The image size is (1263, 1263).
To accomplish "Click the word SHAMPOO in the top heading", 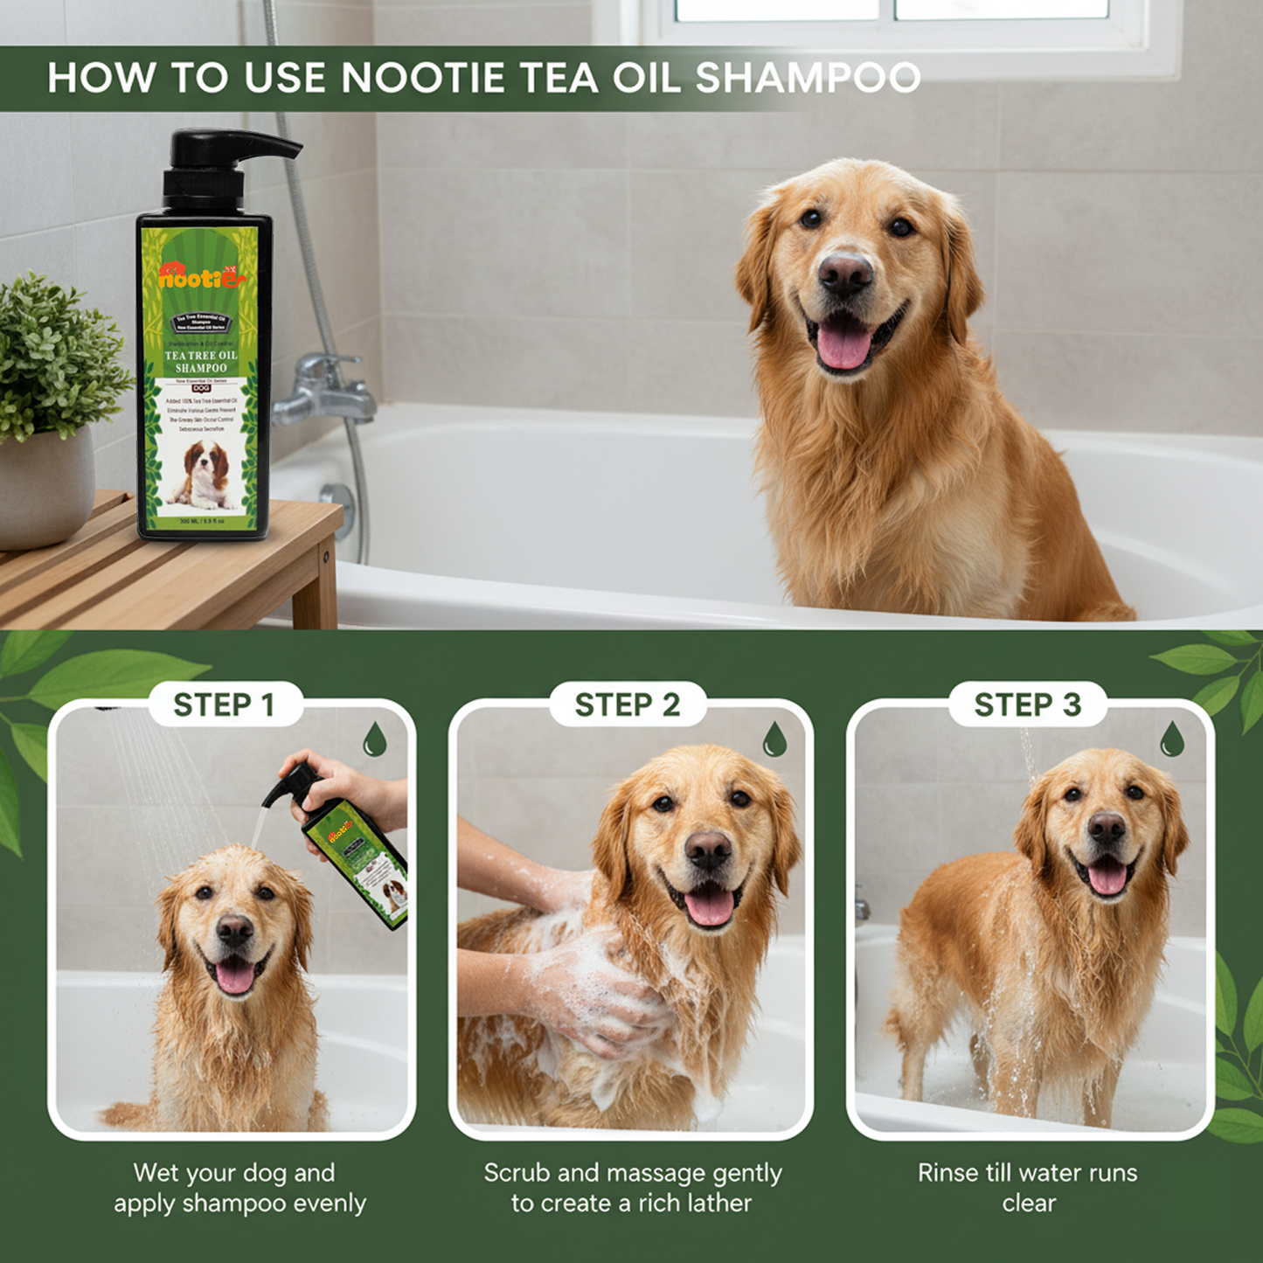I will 808,78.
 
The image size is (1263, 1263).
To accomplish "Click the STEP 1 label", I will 225,704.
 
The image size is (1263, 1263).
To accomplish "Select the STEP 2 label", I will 627,704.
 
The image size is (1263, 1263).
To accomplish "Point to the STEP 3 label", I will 1028,704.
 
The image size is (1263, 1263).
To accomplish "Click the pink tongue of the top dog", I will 843,344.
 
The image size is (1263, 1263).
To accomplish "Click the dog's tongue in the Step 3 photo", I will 1107,877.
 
